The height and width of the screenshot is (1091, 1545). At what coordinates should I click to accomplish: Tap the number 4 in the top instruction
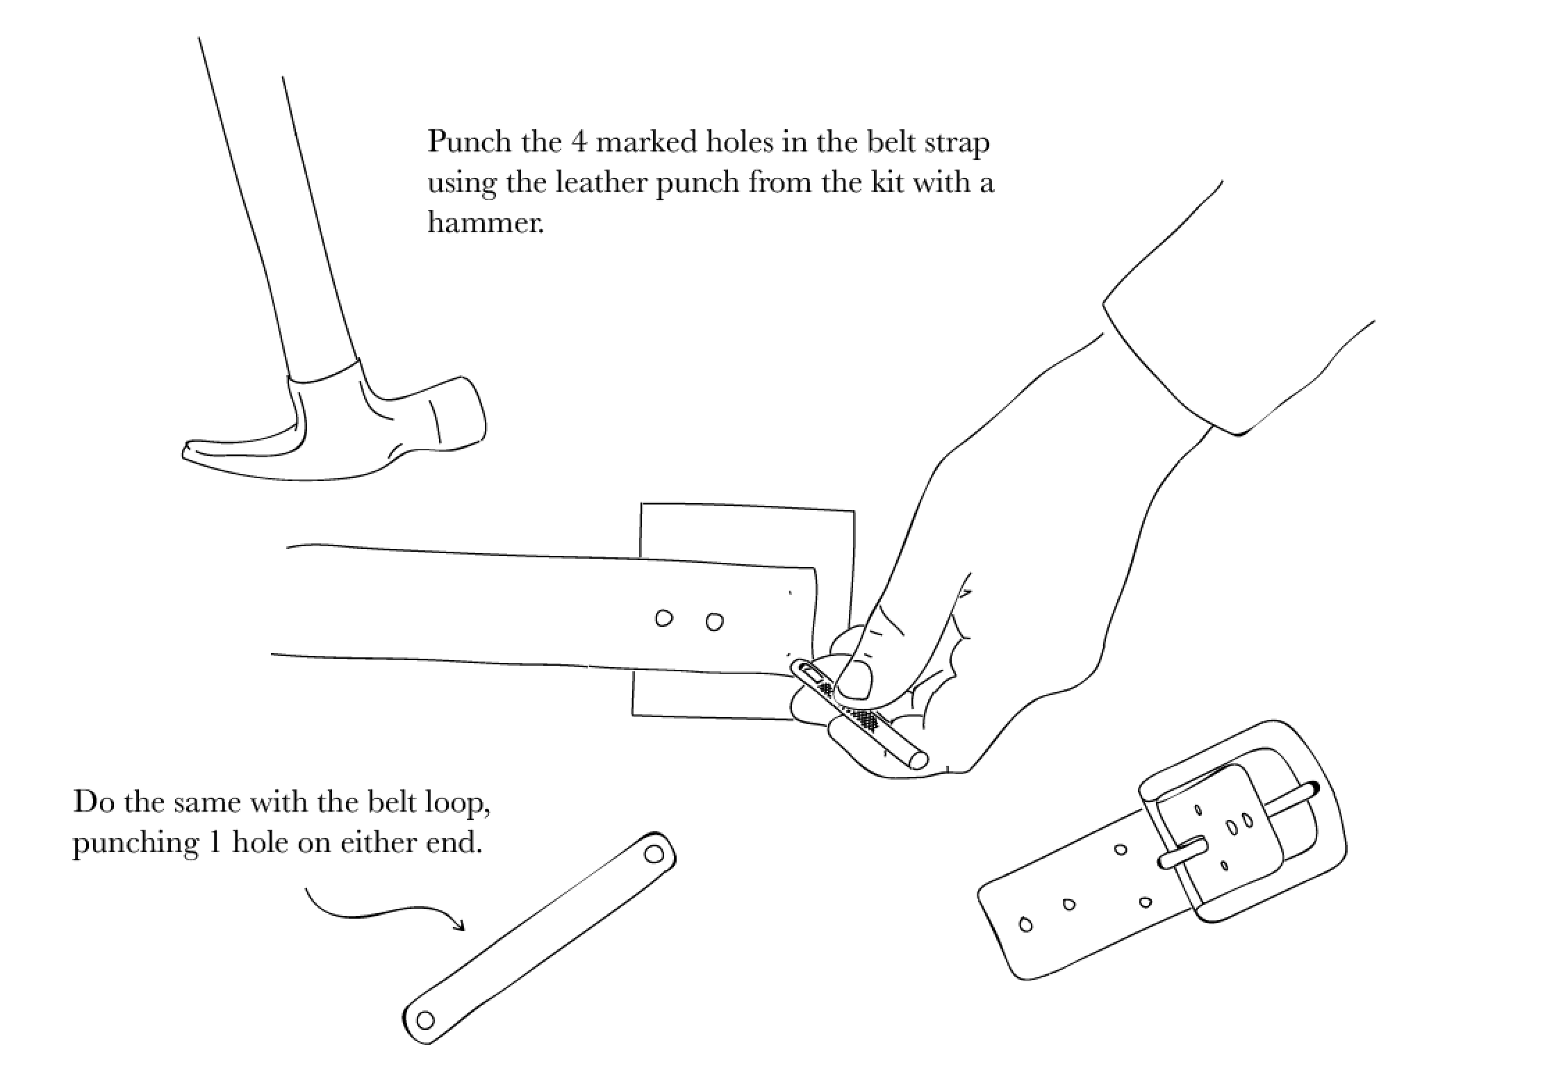coord(578,142)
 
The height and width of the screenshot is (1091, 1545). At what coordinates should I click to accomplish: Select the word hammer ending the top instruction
coord(484,223)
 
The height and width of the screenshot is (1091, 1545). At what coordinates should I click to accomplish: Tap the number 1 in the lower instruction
coord(215,843)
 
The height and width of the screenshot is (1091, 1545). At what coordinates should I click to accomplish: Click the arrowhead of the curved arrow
coord(459,925)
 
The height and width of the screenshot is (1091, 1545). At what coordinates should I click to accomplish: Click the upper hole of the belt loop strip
coord(654,853)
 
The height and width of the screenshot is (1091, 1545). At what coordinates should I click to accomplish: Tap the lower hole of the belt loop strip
coord(425,1020)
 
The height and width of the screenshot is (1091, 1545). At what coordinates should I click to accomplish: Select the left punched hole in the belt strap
coord(663,618)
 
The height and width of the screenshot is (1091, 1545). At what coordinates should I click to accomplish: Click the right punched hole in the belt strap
coord(714,621)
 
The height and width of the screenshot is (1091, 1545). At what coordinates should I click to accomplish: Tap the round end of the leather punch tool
coord(918,760)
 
